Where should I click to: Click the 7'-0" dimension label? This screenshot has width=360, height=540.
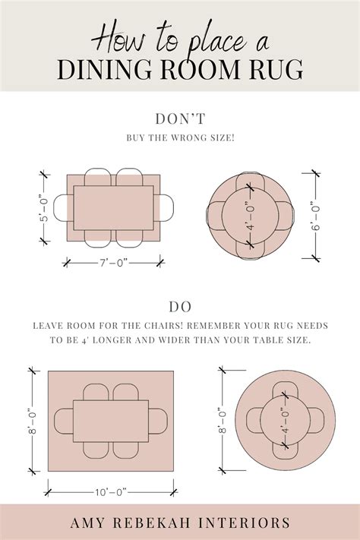114,263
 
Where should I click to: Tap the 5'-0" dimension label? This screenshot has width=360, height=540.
45,208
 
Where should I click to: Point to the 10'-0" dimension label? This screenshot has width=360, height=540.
111,492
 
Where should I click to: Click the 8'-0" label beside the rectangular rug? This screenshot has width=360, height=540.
33,421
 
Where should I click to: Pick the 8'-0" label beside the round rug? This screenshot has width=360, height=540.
223,420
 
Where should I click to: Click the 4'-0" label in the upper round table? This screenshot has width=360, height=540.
251,215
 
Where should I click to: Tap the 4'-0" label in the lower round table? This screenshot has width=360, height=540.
285,419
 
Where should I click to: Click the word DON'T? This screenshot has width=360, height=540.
180,118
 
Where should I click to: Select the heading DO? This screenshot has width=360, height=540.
180,307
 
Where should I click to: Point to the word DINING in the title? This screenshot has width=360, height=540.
104,70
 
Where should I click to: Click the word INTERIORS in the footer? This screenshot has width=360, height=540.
245,523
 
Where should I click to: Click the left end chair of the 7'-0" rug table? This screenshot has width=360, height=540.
64,208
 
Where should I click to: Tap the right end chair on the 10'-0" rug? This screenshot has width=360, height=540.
158,421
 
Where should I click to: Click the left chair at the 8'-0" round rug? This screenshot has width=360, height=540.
254,420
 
